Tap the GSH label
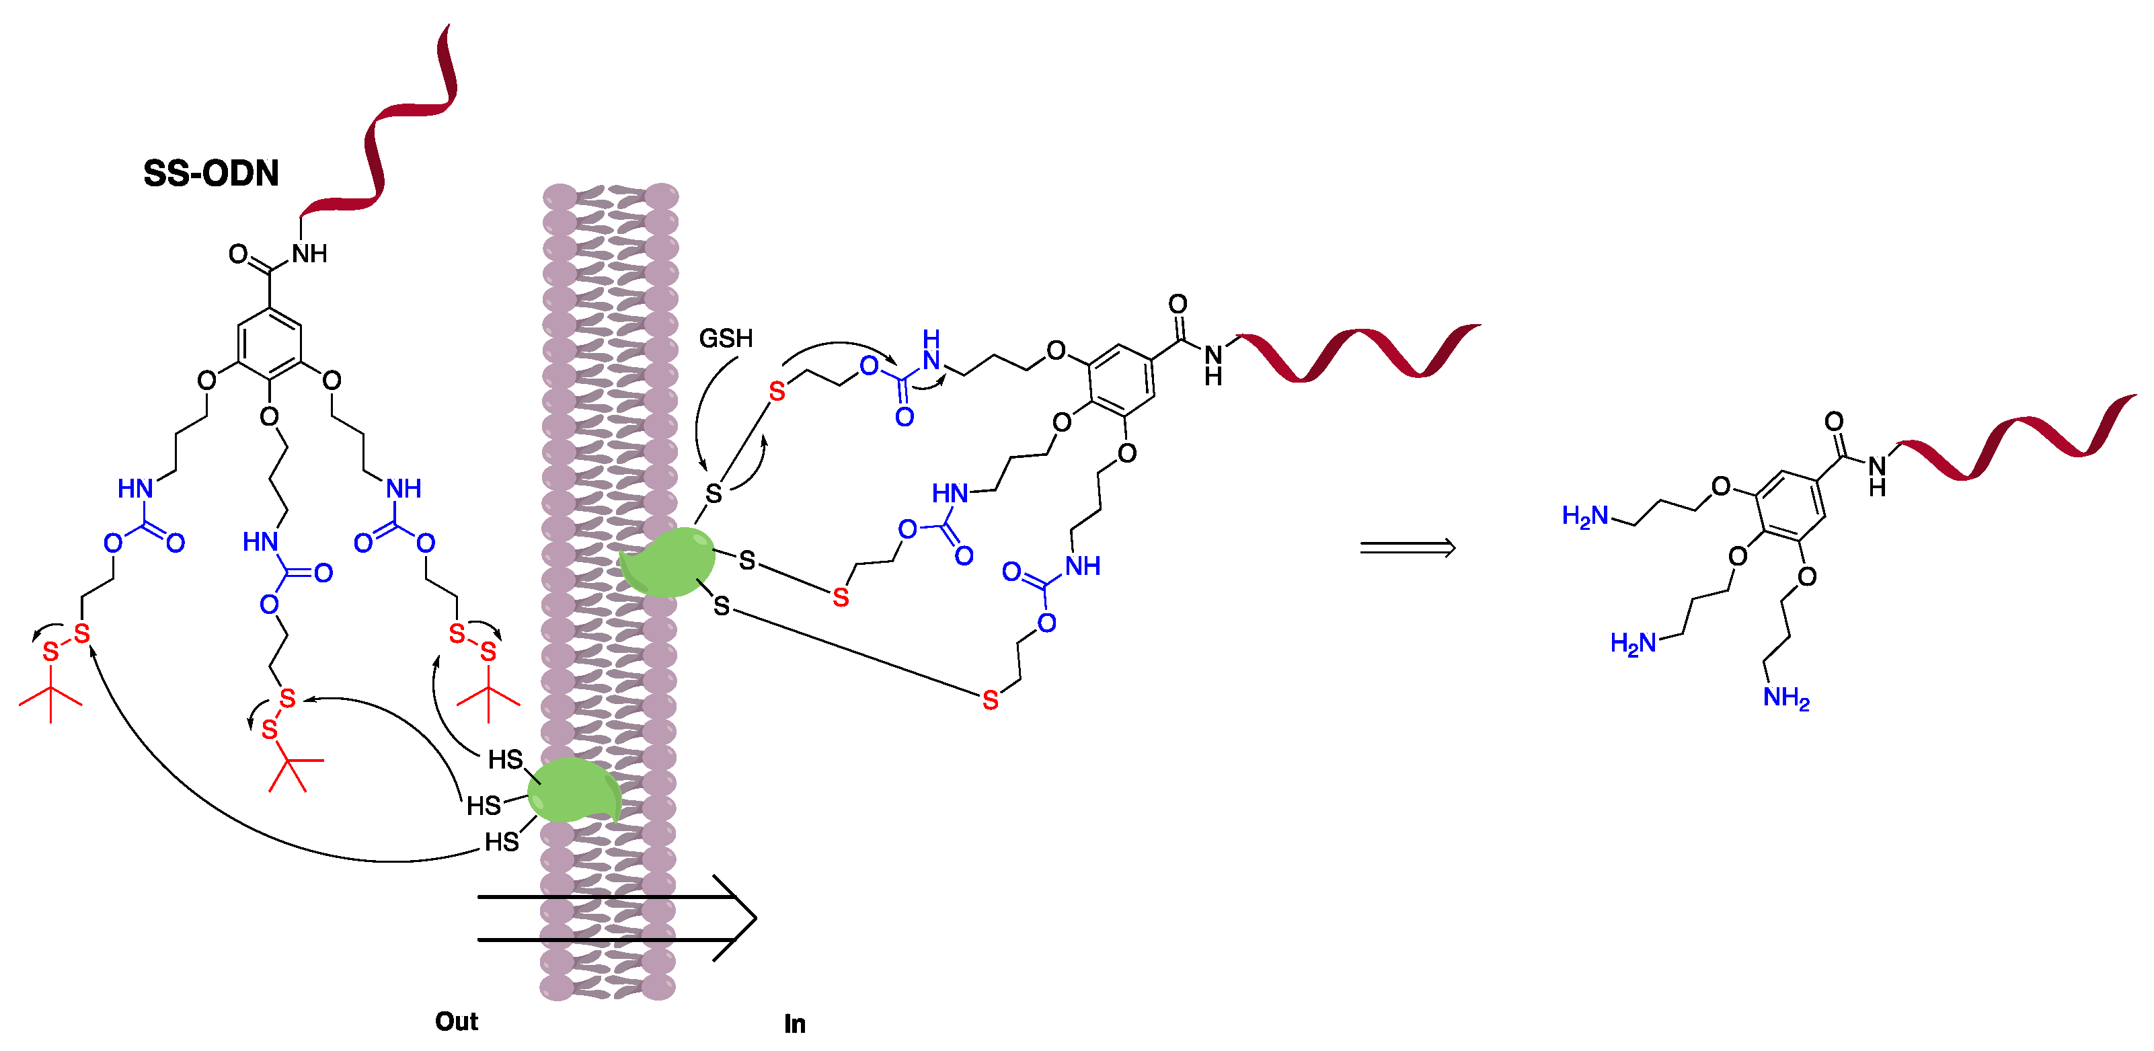(x=725, y=339)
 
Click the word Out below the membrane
(x=456, y=1021)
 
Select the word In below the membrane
(x=794, y=1023)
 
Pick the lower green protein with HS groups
(x=573, y=791)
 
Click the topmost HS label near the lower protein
(x=505, y=759)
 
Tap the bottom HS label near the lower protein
(x=502, y=842)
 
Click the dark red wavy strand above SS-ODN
(x=393, y=126)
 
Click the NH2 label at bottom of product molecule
(x=1785, y=697)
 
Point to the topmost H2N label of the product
(x=1584, y=516)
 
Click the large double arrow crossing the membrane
(x=619, y=918)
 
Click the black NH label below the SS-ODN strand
(x=309, y=254)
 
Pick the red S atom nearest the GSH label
(x=777, y=391)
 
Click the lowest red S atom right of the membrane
(x=990, y=701)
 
